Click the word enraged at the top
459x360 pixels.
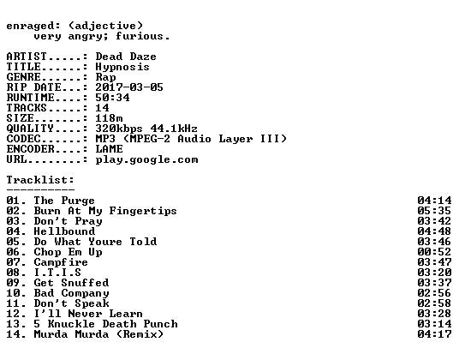[30, 27]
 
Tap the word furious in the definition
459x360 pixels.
[140, 36]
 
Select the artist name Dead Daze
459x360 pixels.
[126, 57]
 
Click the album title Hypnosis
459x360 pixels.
[122, 68]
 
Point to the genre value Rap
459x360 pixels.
[105, 78]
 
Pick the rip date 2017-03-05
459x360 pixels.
[129, 87]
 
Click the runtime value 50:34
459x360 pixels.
[112, 98]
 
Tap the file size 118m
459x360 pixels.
[109, 118]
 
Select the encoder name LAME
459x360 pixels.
[110, 149]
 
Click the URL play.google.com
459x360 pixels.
[146, 160]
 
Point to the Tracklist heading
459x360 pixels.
[40, 180]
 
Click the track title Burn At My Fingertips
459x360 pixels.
[105, 211]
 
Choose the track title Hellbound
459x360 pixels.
[64, 231]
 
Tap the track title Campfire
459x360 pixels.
[61, 262]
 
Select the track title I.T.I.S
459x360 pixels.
[57, 273]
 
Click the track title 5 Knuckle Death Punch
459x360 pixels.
[105, 324]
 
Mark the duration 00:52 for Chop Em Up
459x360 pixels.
[434, 252]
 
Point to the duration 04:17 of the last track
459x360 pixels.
[434, 334]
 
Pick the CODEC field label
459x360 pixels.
[24, 139]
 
